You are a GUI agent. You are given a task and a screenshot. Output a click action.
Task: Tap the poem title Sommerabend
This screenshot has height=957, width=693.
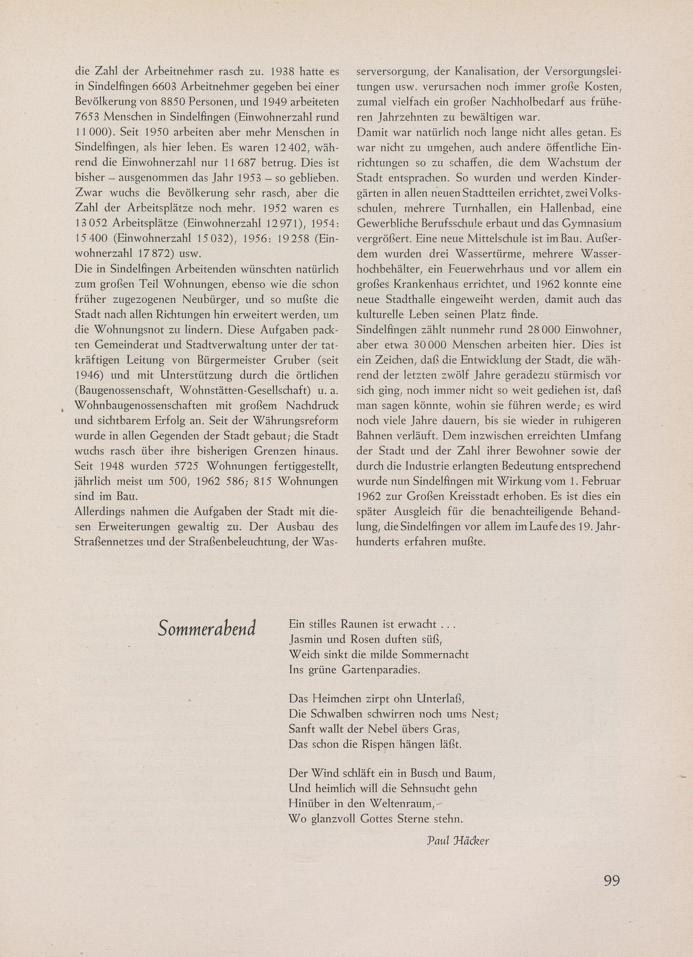[207, 629]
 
